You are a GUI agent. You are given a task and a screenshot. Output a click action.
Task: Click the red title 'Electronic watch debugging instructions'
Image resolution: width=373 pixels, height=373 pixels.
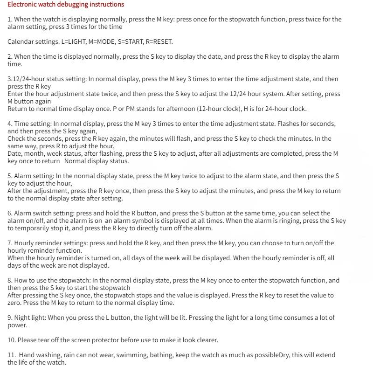pos(66,5)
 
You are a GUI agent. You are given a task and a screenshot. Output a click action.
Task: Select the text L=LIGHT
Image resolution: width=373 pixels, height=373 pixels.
pos(74,41)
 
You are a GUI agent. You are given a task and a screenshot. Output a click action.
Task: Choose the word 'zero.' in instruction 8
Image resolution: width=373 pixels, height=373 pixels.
pos(14,303)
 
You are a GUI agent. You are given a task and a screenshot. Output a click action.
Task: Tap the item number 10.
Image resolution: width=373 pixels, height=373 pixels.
pos(12,340)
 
